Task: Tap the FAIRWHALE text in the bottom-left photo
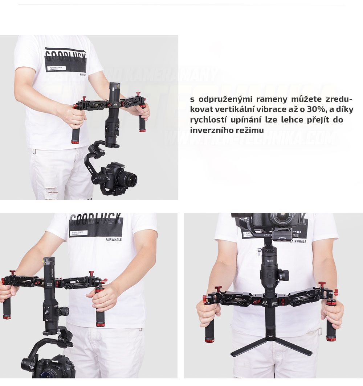coord(114,240)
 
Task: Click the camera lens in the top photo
coord(128,179)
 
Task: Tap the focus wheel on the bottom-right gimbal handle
coord(284,275)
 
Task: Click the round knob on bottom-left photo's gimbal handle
coord(64,311)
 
